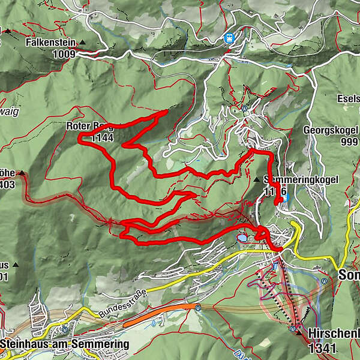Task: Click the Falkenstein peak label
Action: click(x=52, y=43)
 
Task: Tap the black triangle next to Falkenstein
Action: click(x=82, y=43)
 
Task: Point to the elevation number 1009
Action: click(x=63, y=54)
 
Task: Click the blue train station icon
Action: click(x=229, y=37)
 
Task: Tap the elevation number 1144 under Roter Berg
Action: click(x=103, y=138)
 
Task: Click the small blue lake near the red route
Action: click(x=241, y=238)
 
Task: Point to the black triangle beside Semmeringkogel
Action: click(x=257, y=179)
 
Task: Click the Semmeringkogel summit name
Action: click(x=301, y=179)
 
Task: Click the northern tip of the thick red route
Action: click(x=166, y=112)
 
